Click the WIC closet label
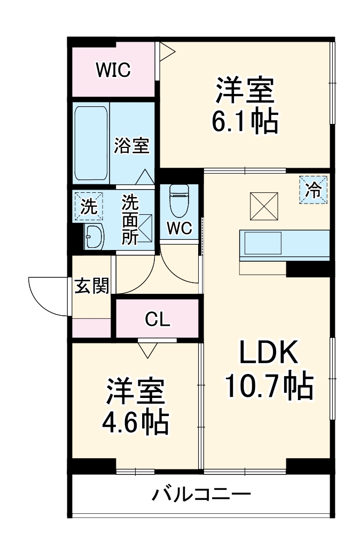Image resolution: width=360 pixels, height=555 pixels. pyautogui.click(x=113, y=70)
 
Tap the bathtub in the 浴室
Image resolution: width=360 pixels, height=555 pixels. pyautogui.click(x=91, y=143)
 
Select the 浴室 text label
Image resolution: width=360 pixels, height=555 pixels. pyautogui.click(x=131, y=145)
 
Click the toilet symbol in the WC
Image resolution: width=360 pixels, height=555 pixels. pyautogui.click(x=179, y=200)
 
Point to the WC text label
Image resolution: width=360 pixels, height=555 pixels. pyautogui.click(x=179, y=228)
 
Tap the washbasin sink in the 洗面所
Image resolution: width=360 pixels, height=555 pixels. pyautogui.click(x=94, y=236)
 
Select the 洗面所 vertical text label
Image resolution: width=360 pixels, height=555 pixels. pyautogui.click(x=130, y=219)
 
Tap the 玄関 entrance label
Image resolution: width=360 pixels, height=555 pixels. pyautogui.click(x=91, y=286)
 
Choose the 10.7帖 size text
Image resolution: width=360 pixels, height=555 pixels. pyautogui.click(x=268, y=386)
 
